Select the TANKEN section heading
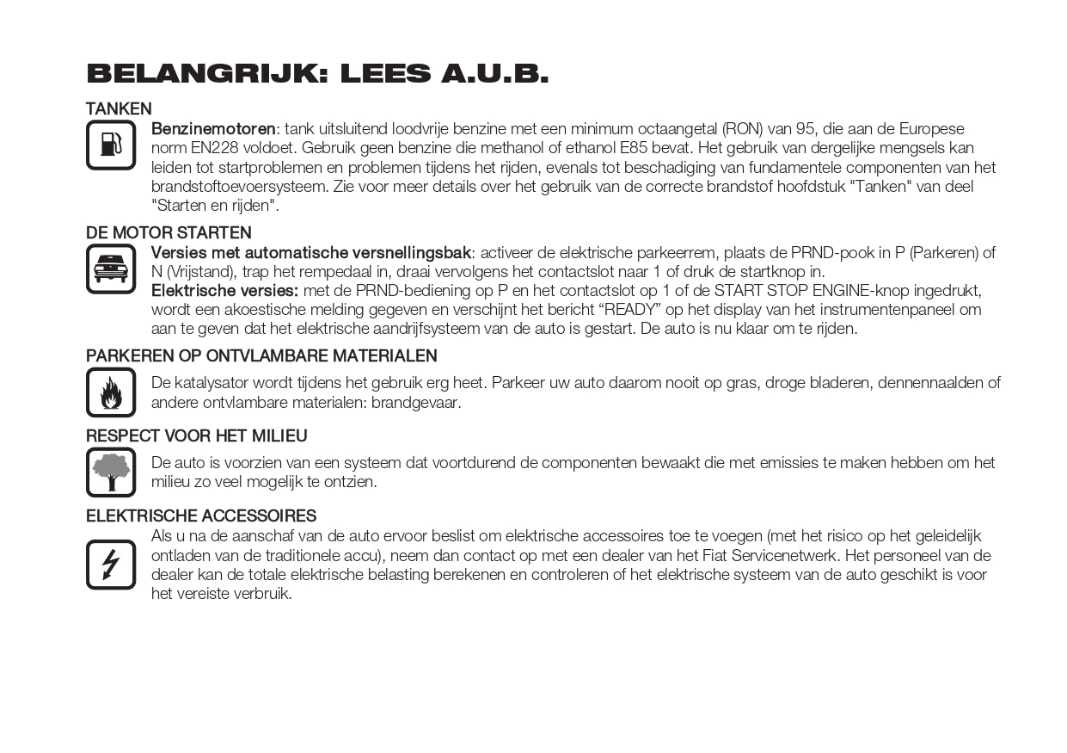[119, 109]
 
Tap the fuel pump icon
[111, 145]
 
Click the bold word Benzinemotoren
[213, 129]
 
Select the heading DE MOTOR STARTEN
[169, 233]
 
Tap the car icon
[111, 268]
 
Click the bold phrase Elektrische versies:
[224, 291]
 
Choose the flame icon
[111, 392]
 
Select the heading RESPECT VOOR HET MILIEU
[196, 436]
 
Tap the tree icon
[111, 472]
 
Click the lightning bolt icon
[111, 565]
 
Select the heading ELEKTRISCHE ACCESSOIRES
[201, 516]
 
